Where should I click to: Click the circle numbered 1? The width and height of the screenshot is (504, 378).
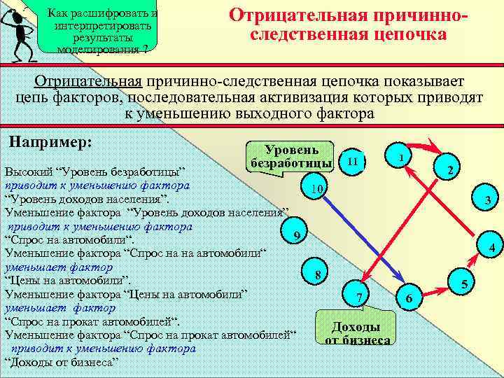point(400,157)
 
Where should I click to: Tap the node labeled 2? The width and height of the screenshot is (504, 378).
point(451,170)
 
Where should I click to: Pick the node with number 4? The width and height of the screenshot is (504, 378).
point(491,248)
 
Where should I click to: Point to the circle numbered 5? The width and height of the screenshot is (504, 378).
point(463,283)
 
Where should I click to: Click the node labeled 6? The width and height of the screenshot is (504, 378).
point(409,299)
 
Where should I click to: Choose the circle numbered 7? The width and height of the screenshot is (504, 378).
point(358,297)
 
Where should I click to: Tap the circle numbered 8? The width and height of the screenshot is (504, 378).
point(318,274)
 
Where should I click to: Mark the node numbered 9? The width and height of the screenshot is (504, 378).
point(297,235)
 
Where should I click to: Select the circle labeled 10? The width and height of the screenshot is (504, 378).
point(316,189)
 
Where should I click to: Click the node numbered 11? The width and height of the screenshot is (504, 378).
point(353,161)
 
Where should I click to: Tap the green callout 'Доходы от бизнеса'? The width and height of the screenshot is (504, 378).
point(356,331)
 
